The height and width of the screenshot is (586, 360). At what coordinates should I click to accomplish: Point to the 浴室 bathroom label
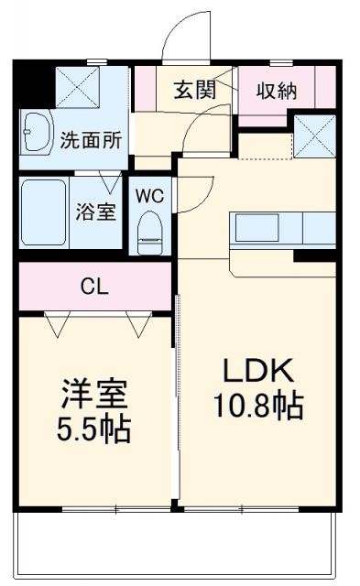pyautogui.click(x=95, y=212)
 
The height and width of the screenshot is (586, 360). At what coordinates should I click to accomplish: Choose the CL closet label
pyautogui.click(x=95, y=287)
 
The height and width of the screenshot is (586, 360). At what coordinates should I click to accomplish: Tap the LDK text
pyautogui.click(x=258, y=371)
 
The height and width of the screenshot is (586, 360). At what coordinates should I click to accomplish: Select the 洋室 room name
pyautogui.click(x=93, y=395)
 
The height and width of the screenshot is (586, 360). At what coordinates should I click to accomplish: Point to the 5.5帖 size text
pyautogui.click(x=93, y=428)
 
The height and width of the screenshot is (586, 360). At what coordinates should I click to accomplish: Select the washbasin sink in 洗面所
pyautogui.click(x=38, y=135)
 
